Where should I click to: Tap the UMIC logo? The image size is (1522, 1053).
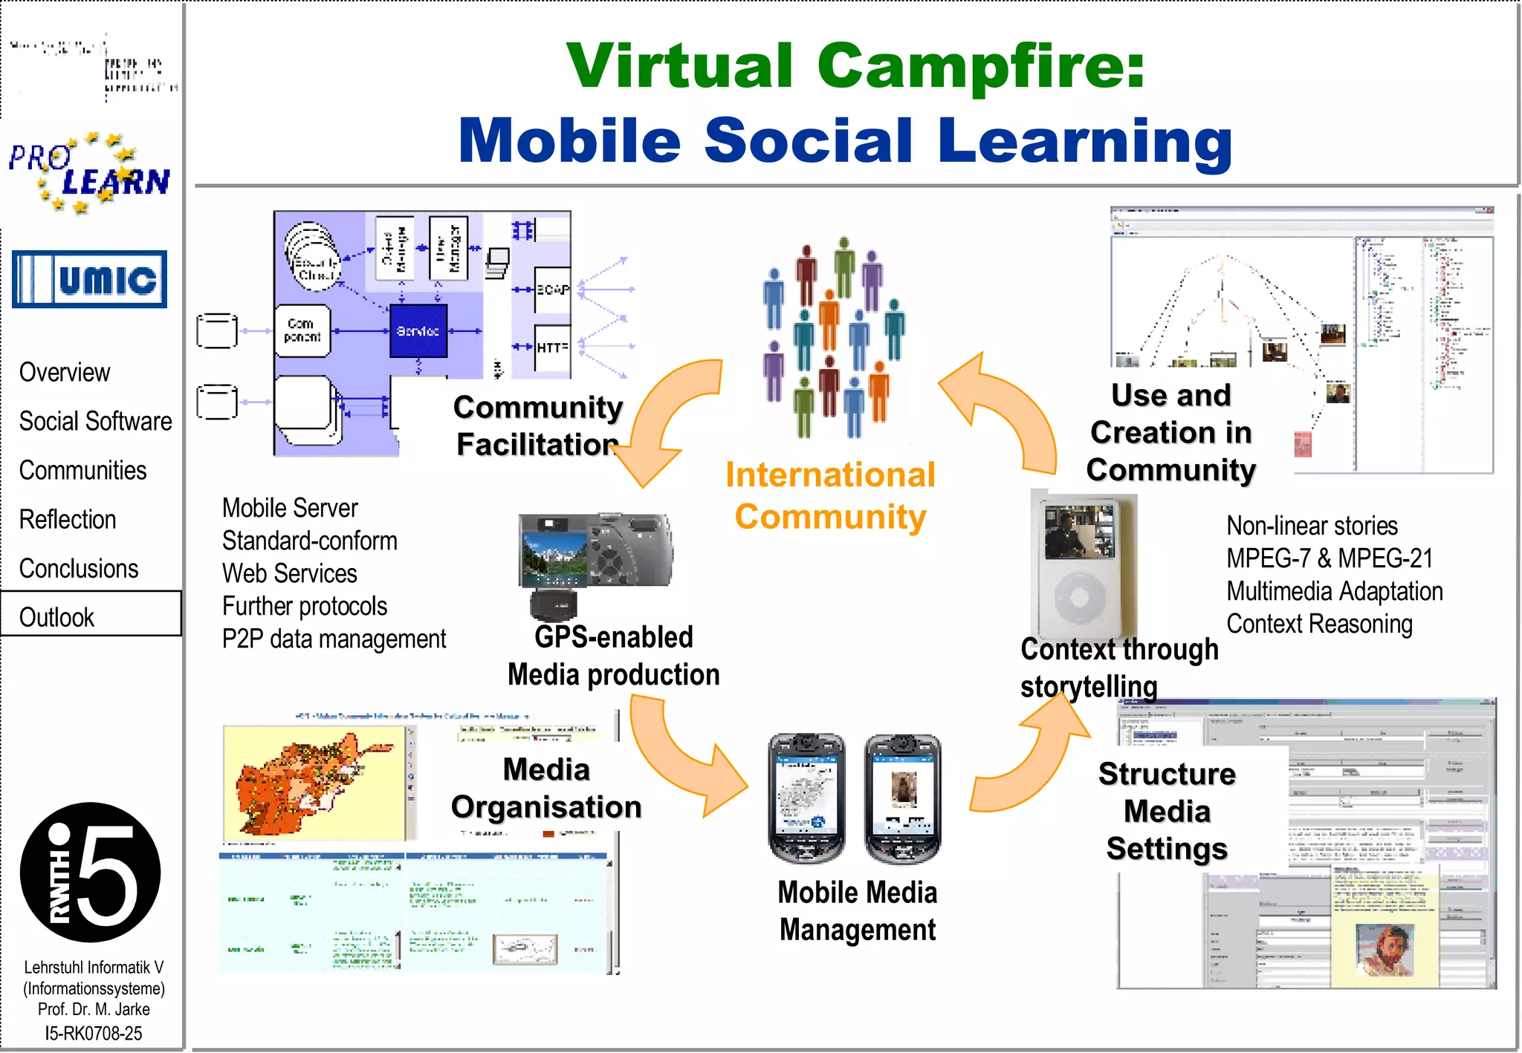coord(89,279)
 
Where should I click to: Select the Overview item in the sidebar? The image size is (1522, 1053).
coord(65,372)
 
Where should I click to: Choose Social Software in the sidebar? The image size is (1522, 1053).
coord(95,421)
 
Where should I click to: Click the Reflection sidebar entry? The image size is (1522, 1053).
coord(68,519)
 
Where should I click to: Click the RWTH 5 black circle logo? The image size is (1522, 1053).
coord(90,872)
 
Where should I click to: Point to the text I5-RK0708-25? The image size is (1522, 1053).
coord(93,1033)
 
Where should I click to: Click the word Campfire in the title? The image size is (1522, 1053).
coord(981,65)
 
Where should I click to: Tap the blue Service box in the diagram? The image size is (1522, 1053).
coord(418,331)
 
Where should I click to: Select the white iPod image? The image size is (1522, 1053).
coord(1082,564)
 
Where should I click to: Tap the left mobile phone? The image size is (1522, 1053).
coord(806,798)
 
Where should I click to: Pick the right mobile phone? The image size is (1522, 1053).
coord(902,798)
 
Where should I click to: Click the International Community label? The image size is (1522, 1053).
coord(830,495)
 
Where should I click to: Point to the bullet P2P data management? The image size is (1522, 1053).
coord(334,639)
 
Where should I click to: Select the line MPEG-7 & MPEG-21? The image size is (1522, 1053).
coord(1329,558)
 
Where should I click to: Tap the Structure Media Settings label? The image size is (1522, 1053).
coord(1167,811)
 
